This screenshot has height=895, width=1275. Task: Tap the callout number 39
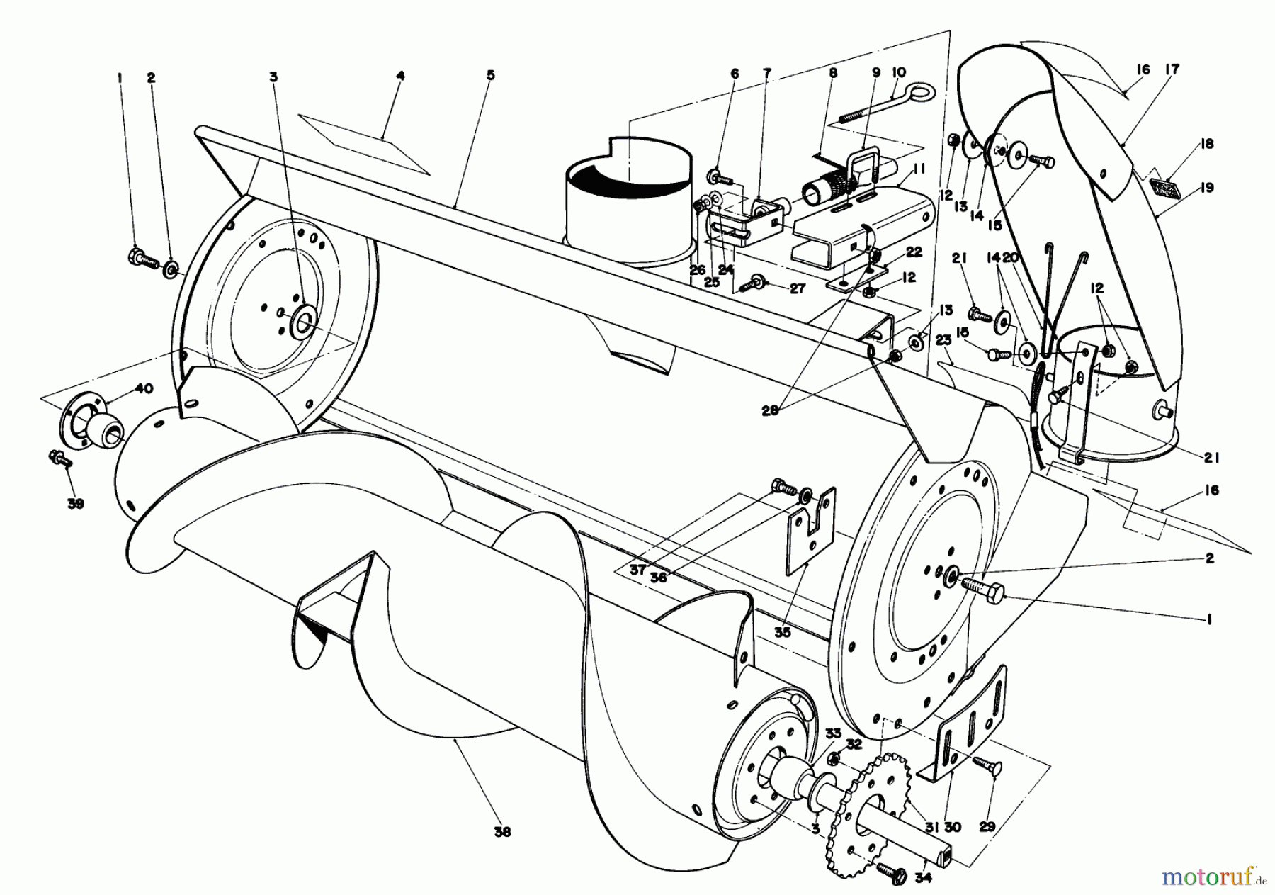point(75,504)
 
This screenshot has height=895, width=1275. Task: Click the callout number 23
point(943,340)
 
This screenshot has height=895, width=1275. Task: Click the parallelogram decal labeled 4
point(365,142)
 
